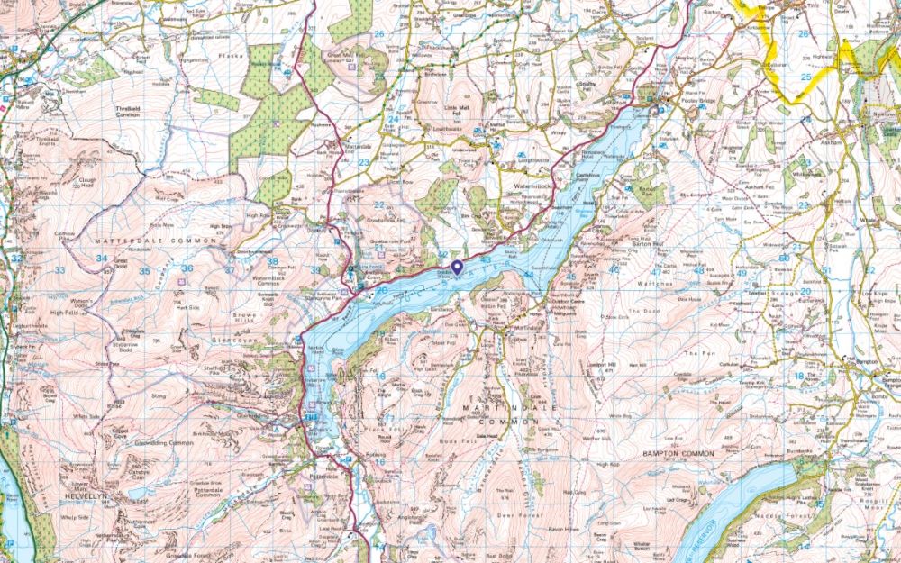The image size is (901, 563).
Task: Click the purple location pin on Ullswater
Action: click(457, 267)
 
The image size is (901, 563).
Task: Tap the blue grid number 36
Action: click(187, 268)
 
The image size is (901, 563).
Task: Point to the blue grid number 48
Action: click(699, 270)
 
